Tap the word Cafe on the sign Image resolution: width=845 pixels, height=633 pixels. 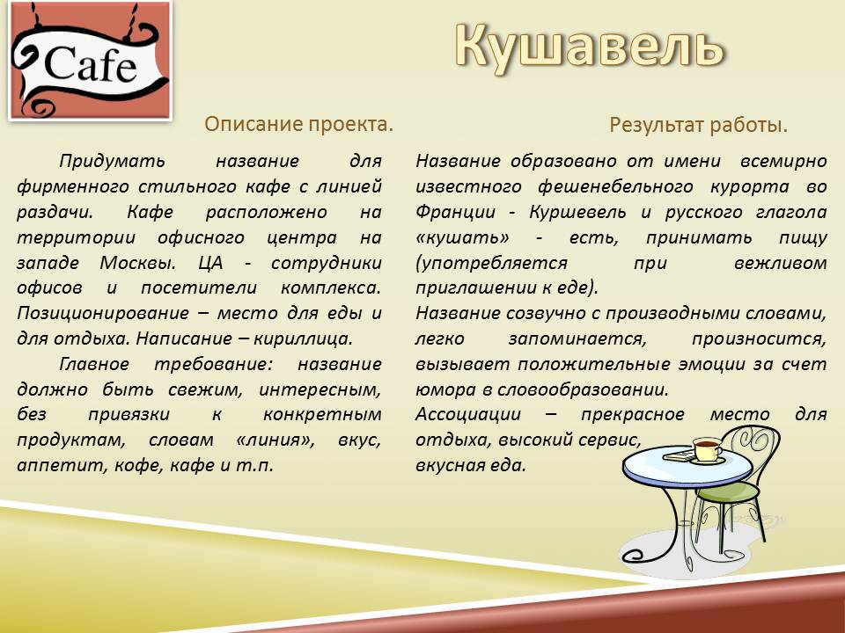(x=90, y=63)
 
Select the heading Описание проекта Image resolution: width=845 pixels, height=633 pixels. (x=298, y=124)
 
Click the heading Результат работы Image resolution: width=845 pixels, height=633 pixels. (x=698, y=126)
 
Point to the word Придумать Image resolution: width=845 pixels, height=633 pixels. (x=112, y=161)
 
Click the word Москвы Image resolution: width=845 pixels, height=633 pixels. (x=137, y=263)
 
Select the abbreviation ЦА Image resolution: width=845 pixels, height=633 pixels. (x=210, y=263)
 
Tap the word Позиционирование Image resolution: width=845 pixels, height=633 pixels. (x=103, y=313)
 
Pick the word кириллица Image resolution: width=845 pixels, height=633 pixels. (x=303, y=339)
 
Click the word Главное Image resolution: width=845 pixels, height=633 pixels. (x=94, y=364)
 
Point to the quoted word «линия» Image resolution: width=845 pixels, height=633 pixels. (x=276, y=440)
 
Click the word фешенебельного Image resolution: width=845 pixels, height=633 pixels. (x=615, y=186)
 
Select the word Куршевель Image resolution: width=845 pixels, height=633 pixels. (x=577, y=212)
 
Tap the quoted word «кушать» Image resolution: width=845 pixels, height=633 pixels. (x=462, y=237)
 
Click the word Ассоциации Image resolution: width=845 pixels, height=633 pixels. (x=468, y=415)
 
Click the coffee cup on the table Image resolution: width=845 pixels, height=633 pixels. (x=707, y=449)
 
